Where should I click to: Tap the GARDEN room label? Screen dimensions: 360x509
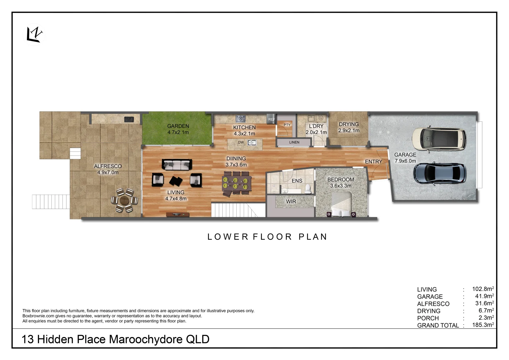click(178, 126)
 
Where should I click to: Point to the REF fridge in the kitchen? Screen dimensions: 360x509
click(271, 119)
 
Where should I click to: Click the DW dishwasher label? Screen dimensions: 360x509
click(241, 142)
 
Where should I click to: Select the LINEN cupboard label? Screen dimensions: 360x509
click(294, 142)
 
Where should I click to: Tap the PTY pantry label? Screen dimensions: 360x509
click(287, 125)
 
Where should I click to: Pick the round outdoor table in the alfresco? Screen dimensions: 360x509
click(124, 200)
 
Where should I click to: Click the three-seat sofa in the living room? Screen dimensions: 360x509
click(177, 165)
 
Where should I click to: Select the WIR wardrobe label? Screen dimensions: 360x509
click(291, 202)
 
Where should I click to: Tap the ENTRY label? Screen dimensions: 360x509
click(373, 162)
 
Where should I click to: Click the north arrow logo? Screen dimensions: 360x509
click(35, 34)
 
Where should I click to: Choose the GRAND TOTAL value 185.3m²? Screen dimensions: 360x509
click(483, 325)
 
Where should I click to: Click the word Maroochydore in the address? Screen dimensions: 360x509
click(146, 339)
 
